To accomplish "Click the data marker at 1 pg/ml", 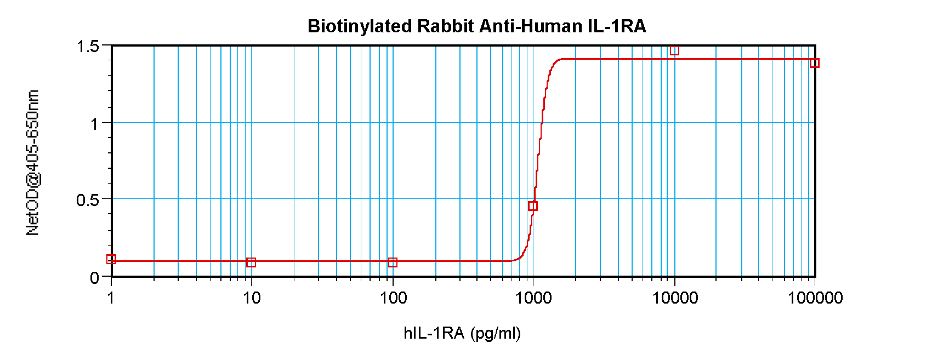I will tap(111, 259).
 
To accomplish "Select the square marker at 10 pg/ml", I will tap(251, 262).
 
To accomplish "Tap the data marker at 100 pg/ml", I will tap(393, 262).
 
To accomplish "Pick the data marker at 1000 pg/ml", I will tap(533, 206).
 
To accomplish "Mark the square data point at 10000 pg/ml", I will tap(674, 50).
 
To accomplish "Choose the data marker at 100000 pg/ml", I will tap(815, 63).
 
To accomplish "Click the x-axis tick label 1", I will tap(111, 298).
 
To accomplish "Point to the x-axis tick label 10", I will tap(252, 298).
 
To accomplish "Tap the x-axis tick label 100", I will tap(393, 298).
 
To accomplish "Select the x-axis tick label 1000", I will tap(533, 298).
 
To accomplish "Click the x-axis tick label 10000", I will tap(675, 298).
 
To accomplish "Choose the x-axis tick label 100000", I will tap(815, 298).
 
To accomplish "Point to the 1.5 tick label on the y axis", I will tap(88, 47).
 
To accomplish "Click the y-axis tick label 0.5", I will tap(88, 200).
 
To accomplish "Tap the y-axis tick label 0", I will tap(94, 278).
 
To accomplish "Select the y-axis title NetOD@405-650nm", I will tap(33, 163).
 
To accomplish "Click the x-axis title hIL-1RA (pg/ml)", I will tap(462, 333).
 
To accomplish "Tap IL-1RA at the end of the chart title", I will tap(617, 26).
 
